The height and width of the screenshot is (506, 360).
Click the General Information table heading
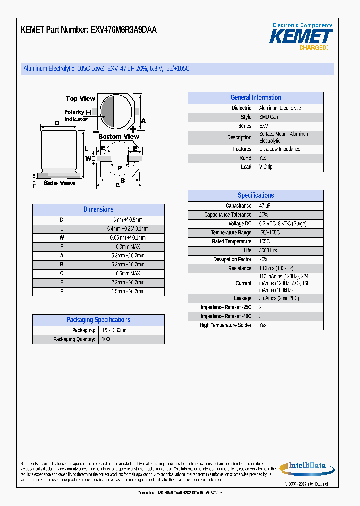(255, 98)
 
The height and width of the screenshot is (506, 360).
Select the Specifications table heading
(255, 196)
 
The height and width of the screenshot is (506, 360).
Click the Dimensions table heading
(98, 210)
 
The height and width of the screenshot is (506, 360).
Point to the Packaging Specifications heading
(98, 320)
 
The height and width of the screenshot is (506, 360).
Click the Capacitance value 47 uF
(265, 206)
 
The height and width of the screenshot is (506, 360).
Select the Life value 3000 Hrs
(268, 251)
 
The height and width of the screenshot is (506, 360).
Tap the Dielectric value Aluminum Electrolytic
(280, 108)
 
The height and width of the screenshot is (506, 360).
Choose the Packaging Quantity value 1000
(106, 339)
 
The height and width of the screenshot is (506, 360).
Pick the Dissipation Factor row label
(233, 260)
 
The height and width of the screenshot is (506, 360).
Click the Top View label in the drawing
(80, 99)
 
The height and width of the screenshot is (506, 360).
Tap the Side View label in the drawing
(59, 183)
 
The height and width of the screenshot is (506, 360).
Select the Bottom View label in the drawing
(119, 137)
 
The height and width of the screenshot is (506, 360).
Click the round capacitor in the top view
(115, 110)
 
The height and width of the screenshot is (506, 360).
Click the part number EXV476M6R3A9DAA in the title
(124, 30)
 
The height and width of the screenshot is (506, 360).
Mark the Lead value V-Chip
(266, 167)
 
